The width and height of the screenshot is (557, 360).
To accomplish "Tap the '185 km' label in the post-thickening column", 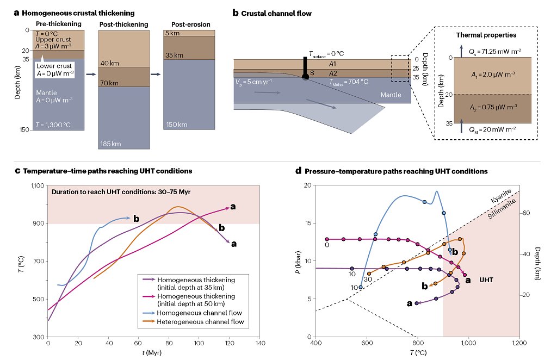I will [110, 144].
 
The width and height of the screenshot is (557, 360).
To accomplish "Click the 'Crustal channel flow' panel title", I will [276, 12].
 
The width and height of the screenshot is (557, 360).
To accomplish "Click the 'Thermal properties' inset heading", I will [486, 35].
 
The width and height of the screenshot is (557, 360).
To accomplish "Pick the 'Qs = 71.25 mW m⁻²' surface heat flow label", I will [495, 49].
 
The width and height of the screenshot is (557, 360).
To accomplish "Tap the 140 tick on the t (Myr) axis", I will [259, 344].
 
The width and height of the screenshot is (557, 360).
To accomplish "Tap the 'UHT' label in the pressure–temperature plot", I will [486, 279].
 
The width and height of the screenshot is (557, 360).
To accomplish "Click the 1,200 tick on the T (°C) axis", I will [519, 344].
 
